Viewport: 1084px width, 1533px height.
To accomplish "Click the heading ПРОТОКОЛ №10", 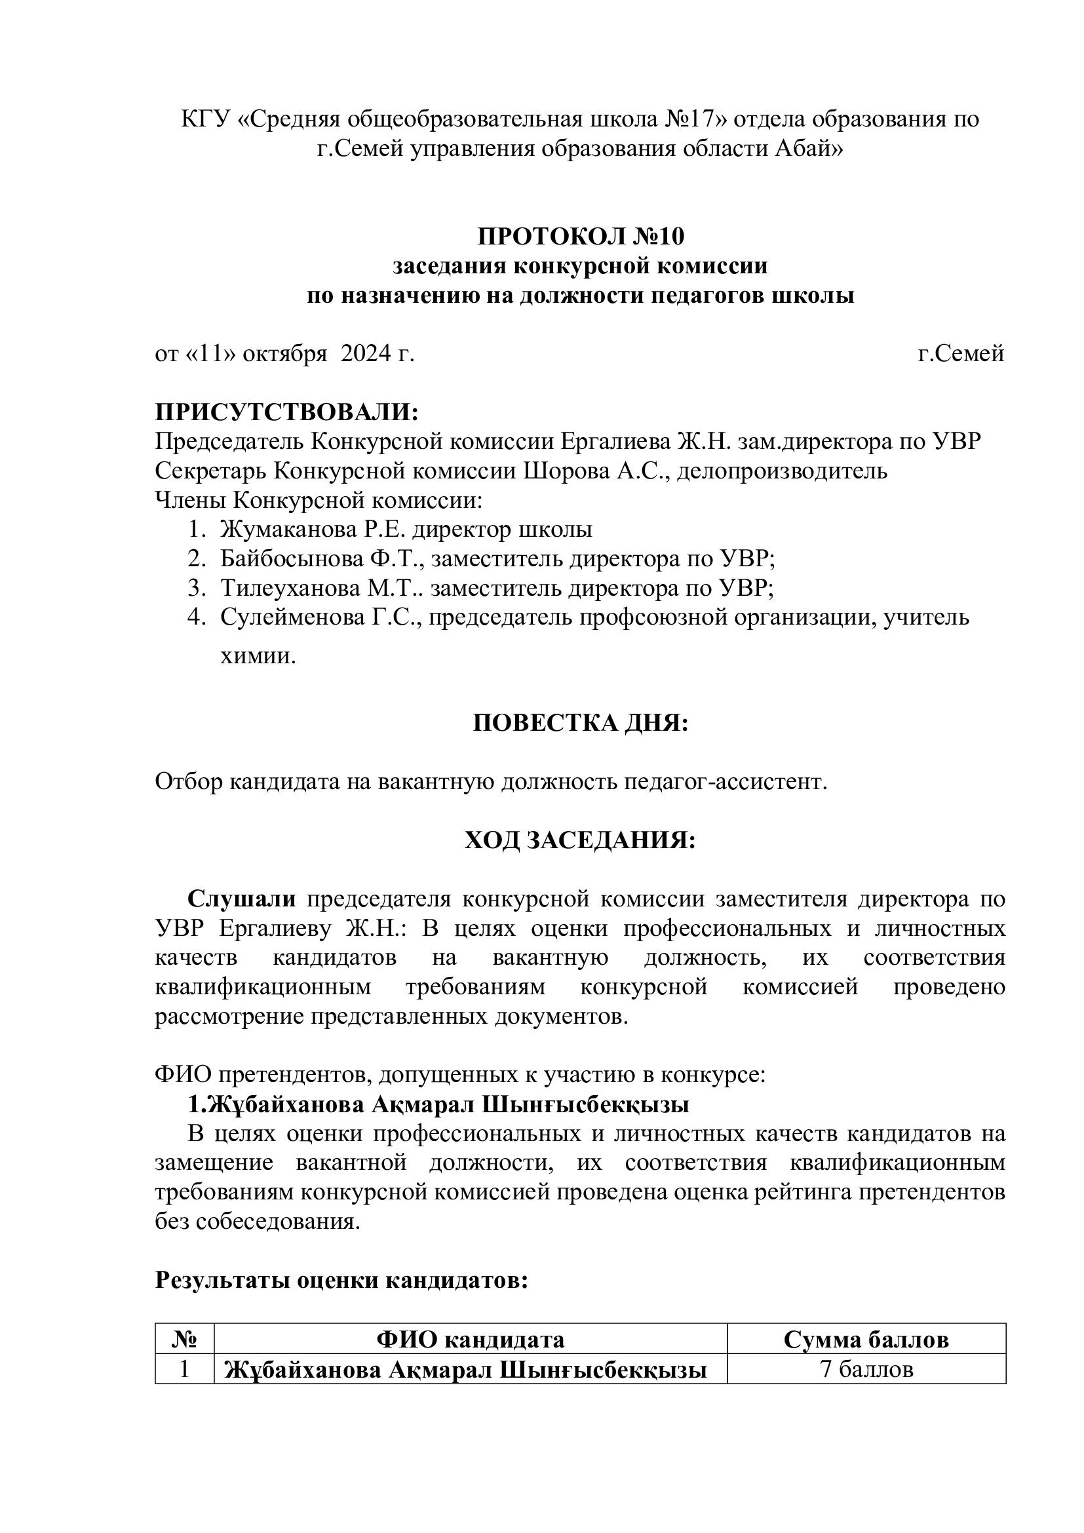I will coord(580,236).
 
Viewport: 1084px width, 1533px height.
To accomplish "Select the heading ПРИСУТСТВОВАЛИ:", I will coord(287,412).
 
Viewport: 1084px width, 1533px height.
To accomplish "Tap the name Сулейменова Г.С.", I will coord(324,617).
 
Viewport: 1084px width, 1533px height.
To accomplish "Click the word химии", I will coord(258,657).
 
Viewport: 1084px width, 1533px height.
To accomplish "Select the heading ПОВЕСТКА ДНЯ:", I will coord(580,723).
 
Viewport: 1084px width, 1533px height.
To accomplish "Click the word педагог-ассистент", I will coord(725,782).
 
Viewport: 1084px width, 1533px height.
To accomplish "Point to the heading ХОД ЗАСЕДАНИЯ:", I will coord(580,841).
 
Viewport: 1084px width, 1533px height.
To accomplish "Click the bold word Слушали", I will coord(242,899).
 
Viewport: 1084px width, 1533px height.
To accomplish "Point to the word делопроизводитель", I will coord(783,471).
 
